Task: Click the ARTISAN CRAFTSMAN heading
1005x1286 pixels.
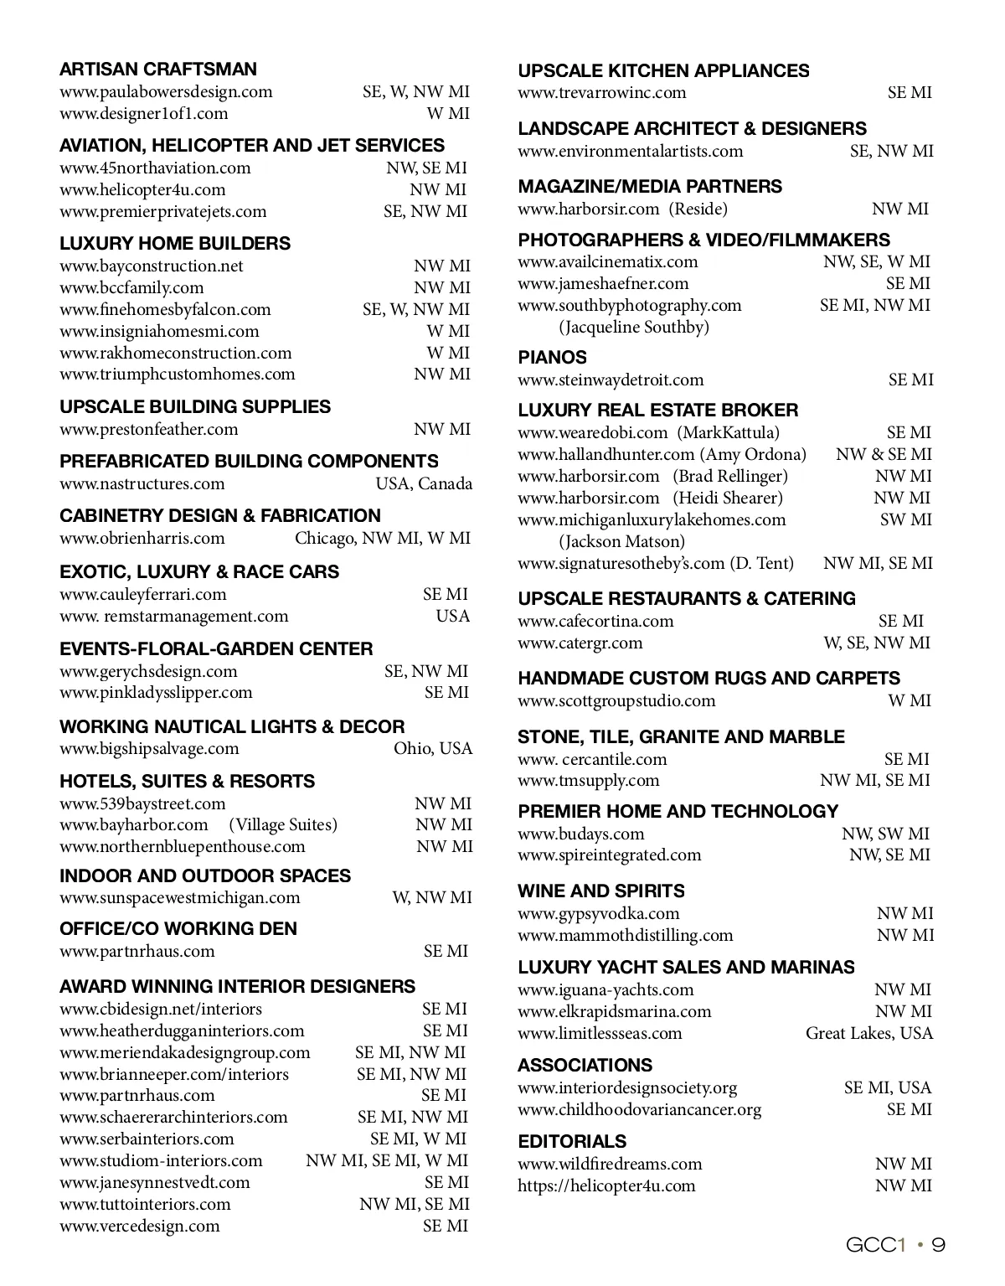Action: coord(158,70)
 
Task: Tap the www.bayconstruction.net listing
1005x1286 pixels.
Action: coord(152,266)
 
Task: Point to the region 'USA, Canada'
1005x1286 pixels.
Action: coord(423,484)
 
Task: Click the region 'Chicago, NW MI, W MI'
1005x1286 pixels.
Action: coord(382,539)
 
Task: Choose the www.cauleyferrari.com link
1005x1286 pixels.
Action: coord(143,595)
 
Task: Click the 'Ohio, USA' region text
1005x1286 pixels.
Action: coord(433,749)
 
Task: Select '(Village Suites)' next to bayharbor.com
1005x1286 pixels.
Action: coord(283,825)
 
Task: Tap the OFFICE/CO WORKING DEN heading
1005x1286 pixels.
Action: coord(178,929)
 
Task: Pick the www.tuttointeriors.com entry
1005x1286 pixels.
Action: coord(145,1205)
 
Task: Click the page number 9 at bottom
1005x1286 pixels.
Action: coord(939,1246)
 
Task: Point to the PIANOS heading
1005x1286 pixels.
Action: coord(552,358)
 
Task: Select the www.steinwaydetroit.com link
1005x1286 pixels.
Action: coord(611,380)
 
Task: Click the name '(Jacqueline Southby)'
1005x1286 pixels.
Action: coord(634,328)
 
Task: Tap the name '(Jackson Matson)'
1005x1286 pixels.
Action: coord(622,542)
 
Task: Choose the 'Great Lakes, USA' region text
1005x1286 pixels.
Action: coord(868,1034)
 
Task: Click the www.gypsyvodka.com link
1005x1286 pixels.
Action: coord(598,914)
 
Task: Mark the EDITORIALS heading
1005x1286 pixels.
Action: coord(572,1142)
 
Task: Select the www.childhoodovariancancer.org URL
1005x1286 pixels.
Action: coord(639,1110)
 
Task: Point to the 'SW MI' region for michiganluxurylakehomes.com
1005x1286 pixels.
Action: coord(905,520)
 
